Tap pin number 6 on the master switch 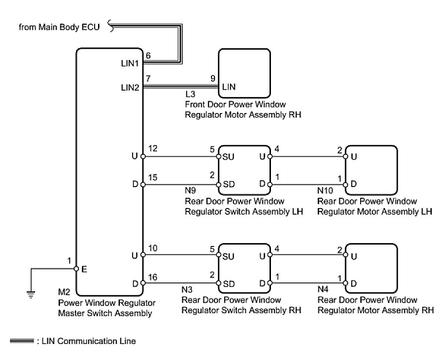coord(148,56)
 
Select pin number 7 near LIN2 coord(148,79)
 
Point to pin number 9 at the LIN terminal coord(212,79)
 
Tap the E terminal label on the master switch coord(84,268)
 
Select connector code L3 coord(190,96)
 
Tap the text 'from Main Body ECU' coord(59,28)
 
